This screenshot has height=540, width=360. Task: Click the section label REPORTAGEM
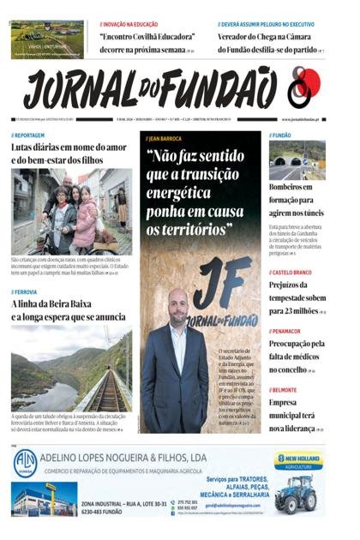click(x=30, y=135)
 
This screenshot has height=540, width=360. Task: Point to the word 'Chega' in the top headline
click(x=278, y=38)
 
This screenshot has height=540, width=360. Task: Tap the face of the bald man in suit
click(x=178, y=304)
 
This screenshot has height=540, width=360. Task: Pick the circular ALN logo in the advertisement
click(x=25, y=463)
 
